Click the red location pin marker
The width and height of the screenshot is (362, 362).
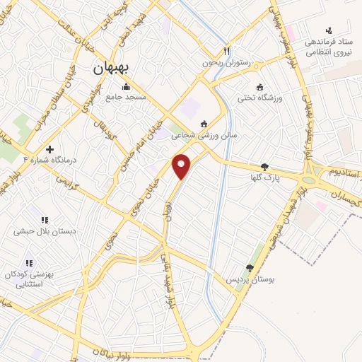click(182, 167)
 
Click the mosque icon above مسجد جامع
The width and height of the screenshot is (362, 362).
click(126, 87)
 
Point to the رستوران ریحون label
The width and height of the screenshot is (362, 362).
click(205, 62)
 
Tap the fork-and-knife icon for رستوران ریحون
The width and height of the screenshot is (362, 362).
click(226, 51)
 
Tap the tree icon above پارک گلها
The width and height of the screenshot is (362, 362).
click(264, 168)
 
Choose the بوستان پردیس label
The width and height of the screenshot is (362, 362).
click(250, 280)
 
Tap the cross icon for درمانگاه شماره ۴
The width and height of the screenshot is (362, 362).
click(49, 149)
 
